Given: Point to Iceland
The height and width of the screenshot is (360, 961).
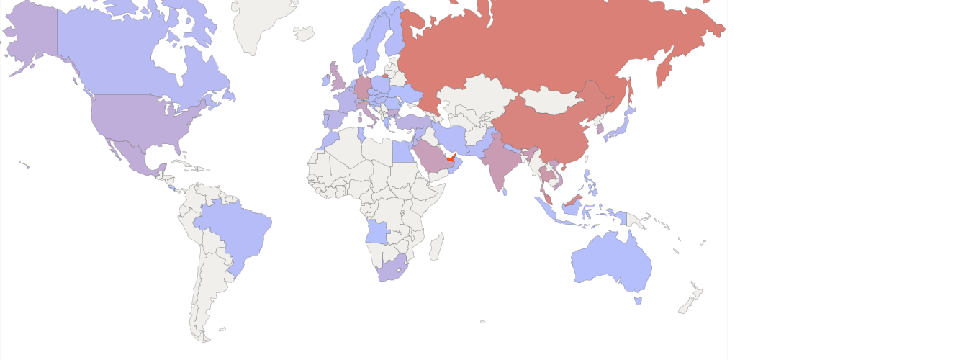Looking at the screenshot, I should pyautogui.click(x=304, y=33).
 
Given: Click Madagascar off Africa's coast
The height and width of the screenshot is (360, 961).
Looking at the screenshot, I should pyautogui.click(x=436, y=247).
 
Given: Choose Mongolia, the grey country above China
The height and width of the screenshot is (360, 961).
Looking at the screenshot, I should pyautogui.click(x=551, y=100).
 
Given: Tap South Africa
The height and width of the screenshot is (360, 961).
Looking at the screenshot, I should pyautogui.click(x=392, y=269).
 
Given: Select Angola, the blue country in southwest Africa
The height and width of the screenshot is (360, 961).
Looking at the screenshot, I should pyautogui.click(x=377, y=232).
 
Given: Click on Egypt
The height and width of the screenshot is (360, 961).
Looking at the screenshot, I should pyautogui.click(x=404, y=150).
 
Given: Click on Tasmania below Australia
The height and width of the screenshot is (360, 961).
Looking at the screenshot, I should pyautogui.click(x=638, y=300).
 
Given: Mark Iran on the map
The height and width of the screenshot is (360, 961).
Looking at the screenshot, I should pyautogui.click(x=454, y=138).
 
